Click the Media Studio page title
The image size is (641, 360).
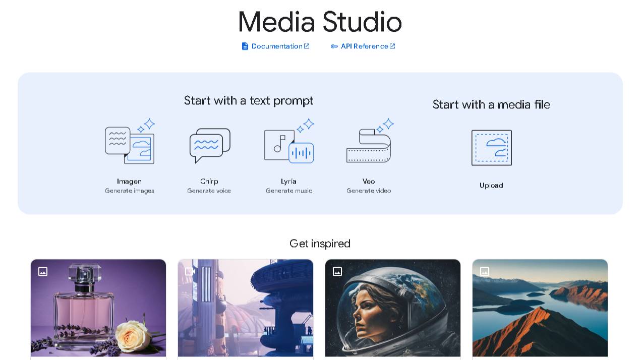pos(320,22)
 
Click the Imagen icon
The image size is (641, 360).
pos(130,141)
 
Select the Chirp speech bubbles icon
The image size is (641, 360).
pos(210,145)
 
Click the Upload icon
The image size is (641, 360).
pos(492,148)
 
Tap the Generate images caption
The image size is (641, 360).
pos(129,191)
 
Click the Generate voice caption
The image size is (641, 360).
pos(209,191)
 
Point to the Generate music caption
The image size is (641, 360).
pos(289,191)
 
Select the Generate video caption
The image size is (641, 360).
pos(369,191)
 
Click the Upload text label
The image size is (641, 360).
pos(491,186)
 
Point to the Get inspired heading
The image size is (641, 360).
pos(320,244)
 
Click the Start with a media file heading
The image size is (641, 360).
pos(491,104)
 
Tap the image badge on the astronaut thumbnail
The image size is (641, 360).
pos(337,271)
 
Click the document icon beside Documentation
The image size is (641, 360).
pos(245,46)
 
